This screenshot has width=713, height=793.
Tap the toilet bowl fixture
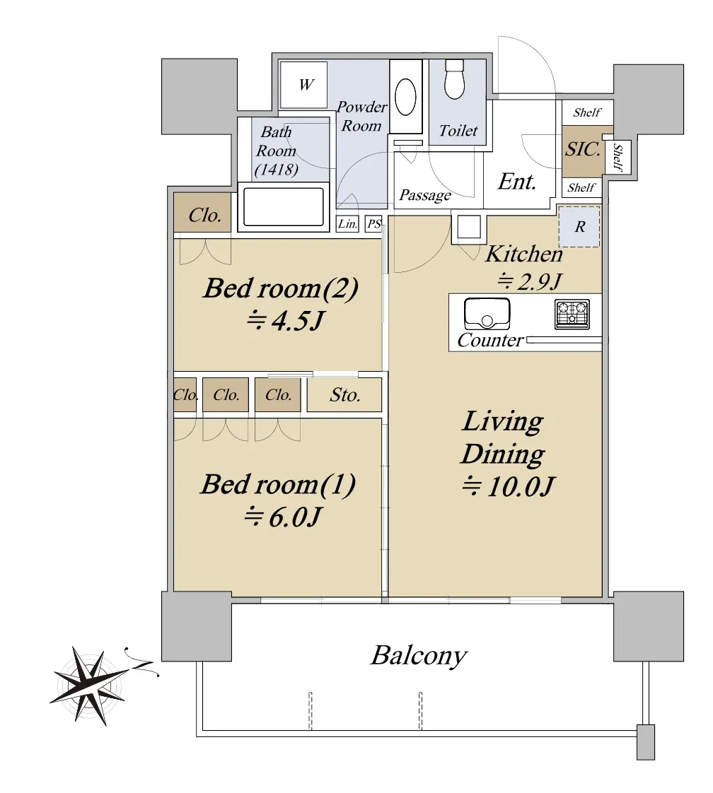(454, 79)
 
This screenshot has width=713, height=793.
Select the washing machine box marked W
(303, 84)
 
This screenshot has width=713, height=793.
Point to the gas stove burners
(572, 314)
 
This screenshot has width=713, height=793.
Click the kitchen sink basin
(487, 314)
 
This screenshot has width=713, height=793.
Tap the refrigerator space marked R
(579, 227)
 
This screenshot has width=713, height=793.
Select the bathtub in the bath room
(283, 207)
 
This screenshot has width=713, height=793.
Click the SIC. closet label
(583, 150)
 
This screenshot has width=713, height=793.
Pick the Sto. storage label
(344, 395)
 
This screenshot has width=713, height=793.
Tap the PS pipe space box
(374, 223)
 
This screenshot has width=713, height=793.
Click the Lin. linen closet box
(347, 223)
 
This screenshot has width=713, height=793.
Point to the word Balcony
(419, 656)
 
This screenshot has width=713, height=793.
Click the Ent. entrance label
(516, 182)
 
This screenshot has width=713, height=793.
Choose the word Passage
(425, 195)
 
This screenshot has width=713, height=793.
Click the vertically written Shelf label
(618, 157)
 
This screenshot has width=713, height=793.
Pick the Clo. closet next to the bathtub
(204, 216)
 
